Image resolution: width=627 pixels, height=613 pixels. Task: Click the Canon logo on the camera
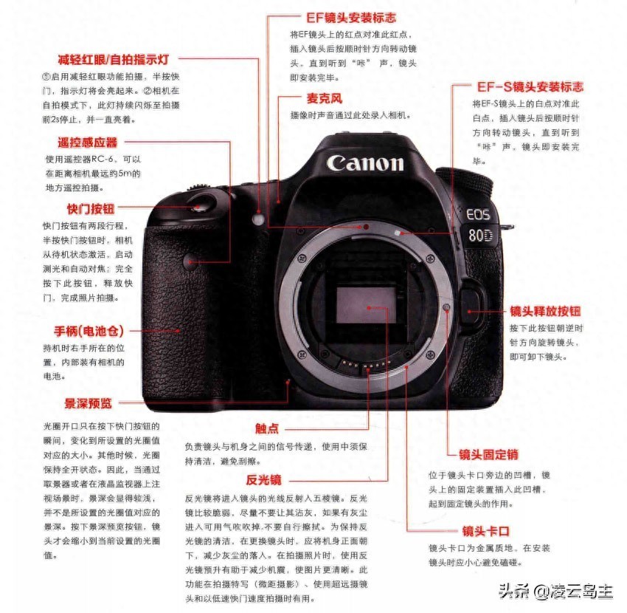(365, 163)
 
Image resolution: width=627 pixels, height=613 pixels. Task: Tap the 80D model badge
(480, 236)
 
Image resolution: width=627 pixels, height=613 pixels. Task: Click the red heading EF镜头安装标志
(350, 18)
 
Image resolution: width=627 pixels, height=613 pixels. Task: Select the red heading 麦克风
(325, 98)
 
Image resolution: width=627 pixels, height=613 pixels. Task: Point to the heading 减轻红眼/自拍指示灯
(114, 60)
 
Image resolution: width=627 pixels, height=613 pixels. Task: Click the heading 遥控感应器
(88, 142)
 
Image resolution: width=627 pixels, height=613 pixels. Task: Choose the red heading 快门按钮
(91, 208)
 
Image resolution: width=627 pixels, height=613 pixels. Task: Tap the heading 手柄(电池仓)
(89, 331)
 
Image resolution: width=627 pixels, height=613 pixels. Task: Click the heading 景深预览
(88, 403)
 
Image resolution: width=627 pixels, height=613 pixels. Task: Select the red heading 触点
(267, 428)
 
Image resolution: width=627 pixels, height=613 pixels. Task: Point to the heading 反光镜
(263, 479)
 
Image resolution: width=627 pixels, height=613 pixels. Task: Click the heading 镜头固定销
(488, 454)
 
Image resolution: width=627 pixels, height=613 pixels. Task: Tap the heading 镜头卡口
(486, 531)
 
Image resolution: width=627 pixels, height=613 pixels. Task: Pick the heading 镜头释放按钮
(545, 311)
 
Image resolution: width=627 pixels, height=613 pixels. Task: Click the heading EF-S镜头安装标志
(530, 87)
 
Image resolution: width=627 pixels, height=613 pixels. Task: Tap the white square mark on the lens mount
(397, 232)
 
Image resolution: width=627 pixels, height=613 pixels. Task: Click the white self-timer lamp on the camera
(259, 219)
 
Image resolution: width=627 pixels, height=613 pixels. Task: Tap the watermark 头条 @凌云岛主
(556, 591)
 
